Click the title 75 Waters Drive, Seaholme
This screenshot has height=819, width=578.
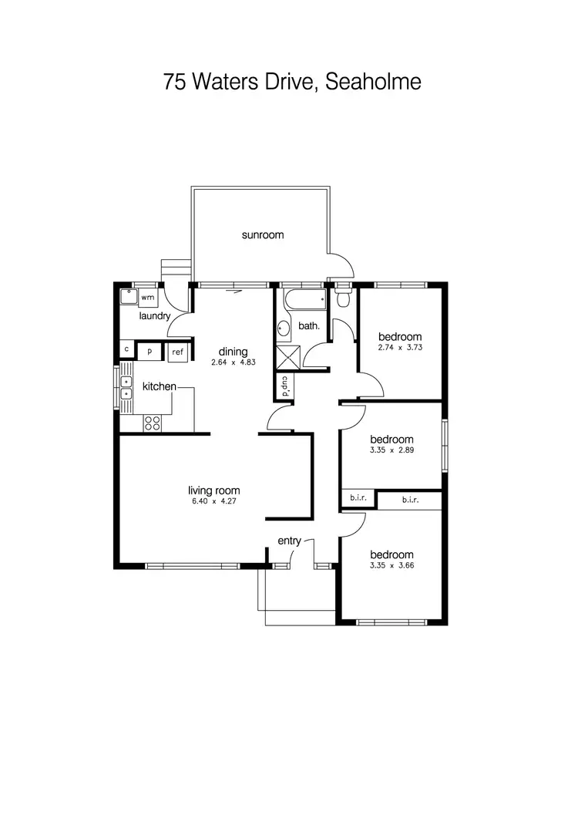[x=292, y=82]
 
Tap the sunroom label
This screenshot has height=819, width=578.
[x=262, y=235]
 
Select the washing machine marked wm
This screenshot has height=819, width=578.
[x=148, y=298]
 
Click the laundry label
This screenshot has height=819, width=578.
[x=154, y=316]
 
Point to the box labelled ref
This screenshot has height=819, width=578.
[x=178, y=352]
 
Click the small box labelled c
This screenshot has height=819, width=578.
[x=126, y=350]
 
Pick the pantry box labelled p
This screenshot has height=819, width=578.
[x=150, y=352]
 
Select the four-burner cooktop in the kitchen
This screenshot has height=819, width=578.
[x=153, y=423]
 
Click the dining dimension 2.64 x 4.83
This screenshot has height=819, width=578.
[x=233, y=362]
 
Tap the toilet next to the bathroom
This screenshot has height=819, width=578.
[x=344, y=296]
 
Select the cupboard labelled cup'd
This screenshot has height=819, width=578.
[x=284, y=386]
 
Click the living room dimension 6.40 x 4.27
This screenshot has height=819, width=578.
[x=214, y=501]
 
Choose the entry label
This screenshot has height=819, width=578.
[x=289, y=541]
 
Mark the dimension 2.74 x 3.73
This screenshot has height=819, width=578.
[x=400, y=348]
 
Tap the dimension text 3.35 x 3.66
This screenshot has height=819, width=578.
[x=391, y=566]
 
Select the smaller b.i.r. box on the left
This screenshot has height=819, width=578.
[x=358, y=500]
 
